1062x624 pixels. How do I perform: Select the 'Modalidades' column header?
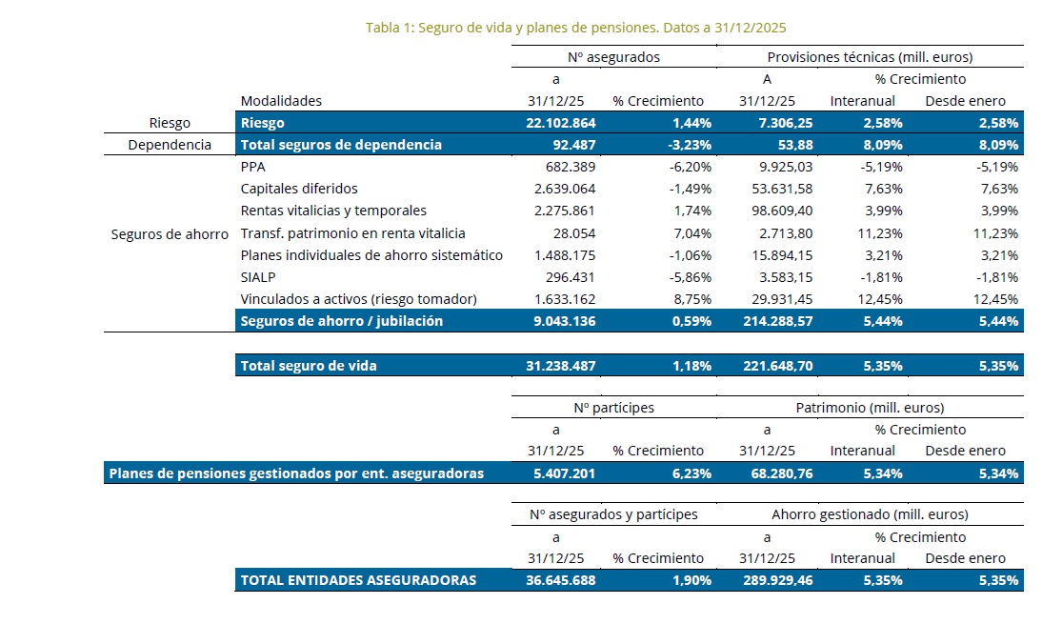281,100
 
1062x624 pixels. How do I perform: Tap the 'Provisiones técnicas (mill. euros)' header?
871,57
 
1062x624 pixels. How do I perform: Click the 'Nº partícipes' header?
613,408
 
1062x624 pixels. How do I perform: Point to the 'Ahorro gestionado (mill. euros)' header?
870,514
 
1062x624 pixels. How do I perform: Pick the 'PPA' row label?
252,167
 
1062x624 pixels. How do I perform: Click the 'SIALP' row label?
259,277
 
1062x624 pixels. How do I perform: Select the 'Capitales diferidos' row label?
299,189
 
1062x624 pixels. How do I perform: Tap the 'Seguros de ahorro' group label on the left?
170,233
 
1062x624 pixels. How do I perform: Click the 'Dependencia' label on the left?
170,145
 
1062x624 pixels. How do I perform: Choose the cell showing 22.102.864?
560,123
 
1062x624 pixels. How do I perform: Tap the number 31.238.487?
560,365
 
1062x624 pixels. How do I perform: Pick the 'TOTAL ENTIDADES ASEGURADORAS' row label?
358,580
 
